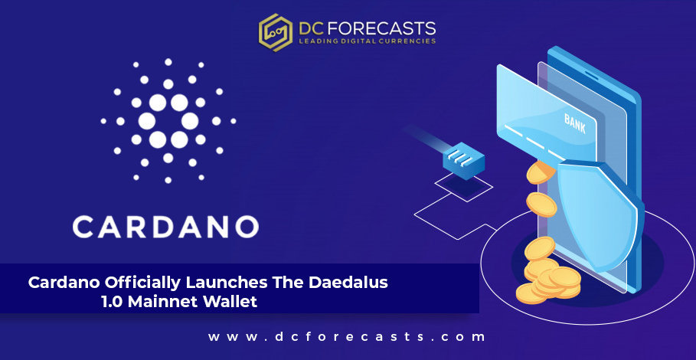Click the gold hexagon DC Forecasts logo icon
tap(275, 32)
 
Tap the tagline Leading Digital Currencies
tap(367, 41)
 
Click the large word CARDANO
tap(165, 227)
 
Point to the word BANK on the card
tap(575, 123)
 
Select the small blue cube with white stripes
tap(463, 161)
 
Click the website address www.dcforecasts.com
tap(347, 336)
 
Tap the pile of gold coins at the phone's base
tap(548, 280)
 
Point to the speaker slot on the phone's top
tap(592, 75)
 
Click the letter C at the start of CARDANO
tap(83, 227)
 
